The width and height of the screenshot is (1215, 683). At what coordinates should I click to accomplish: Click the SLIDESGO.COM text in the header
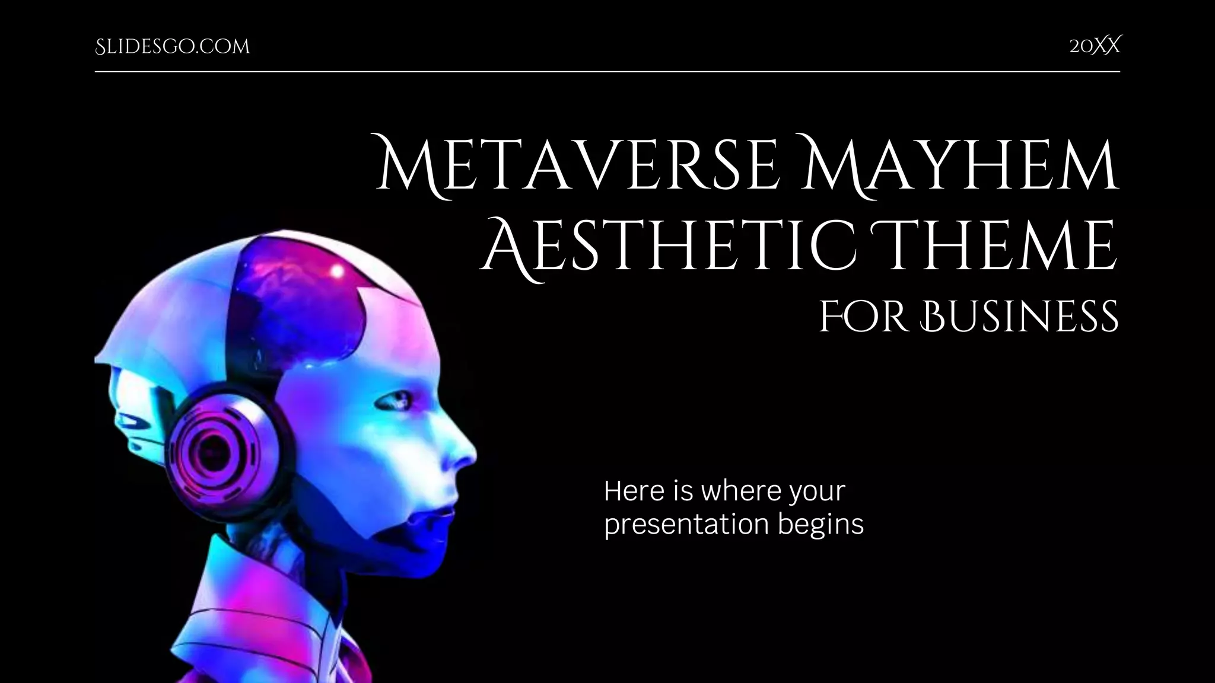point(172,47)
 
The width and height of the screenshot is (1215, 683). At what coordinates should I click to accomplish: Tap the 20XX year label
point(1095,46)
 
